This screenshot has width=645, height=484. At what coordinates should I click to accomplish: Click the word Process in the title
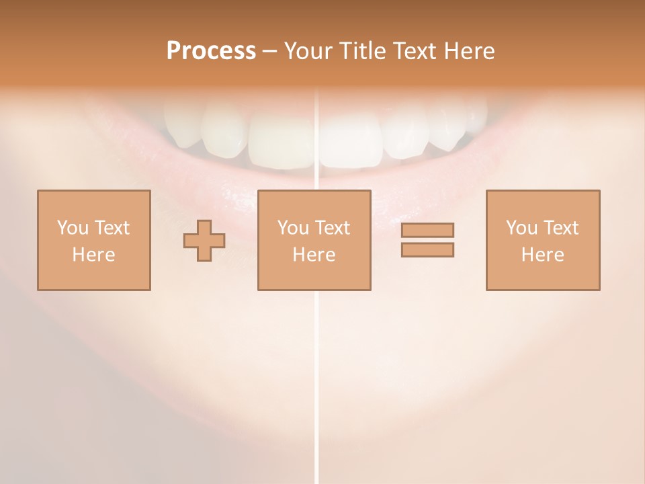tap(211, 51)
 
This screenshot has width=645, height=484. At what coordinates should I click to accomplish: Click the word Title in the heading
tap(363, 51)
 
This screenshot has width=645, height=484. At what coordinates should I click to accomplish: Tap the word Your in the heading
tap(310, 51)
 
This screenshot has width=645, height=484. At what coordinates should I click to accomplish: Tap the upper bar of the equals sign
tap(427, 230)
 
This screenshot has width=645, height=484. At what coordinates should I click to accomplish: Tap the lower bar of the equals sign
tap(427, 250)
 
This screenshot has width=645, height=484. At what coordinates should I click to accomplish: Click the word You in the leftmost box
tap(73, 228)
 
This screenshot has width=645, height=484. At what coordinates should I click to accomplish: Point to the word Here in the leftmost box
tap(93, 255)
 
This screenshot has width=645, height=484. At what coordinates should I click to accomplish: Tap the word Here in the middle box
tap(314, 255)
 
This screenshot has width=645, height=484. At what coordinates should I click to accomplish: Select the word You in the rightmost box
tap(521, 228)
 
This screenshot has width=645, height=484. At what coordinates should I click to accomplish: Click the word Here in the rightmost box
tap(543, 255)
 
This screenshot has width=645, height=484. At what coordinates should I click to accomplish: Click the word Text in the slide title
tap(413, 51)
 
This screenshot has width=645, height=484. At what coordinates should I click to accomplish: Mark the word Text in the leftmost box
tap(112, 228)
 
